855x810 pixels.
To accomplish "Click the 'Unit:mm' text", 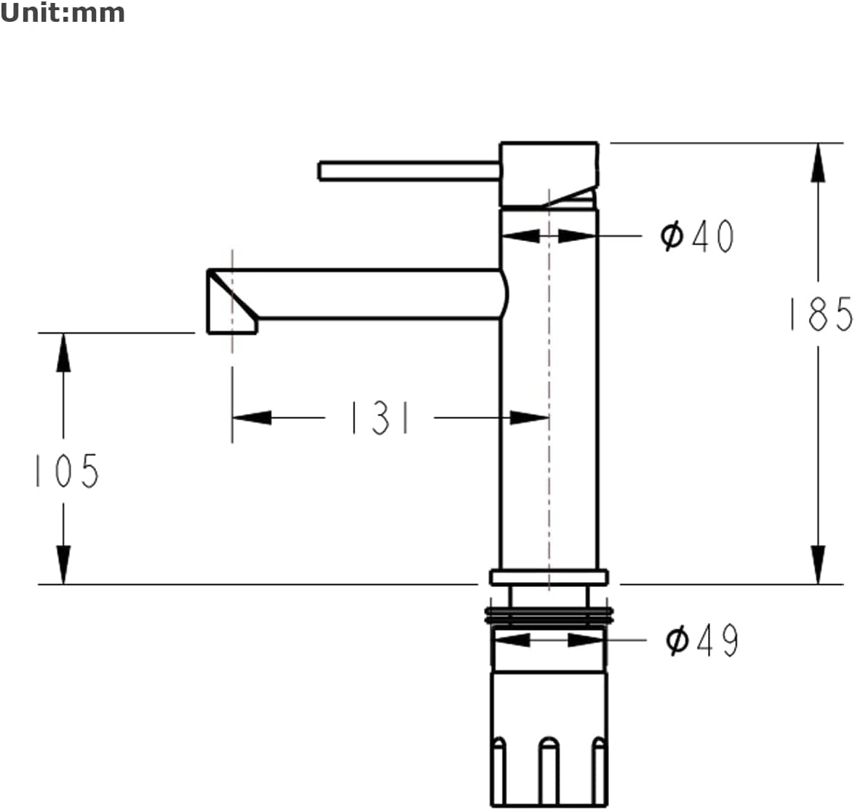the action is coord(62,12).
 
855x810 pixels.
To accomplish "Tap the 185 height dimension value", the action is coord(822,315).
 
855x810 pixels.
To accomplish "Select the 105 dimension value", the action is coord(66,471).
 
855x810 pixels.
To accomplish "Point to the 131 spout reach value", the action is coord(380,418).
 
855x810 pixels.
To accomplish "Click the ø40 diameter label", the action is coord(697,236).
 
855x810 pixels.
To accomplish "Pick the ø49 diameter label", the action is coord(702,640).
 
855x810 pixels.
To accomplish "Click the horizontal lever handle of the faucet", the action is coord(409,171).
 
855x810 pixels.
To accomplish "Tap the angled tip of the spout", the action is coord(231,301).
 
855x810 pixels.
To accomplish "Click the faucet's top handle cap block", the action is coord(549,176).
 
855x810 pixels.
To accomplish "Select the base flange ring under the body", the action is coord(549,578).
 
